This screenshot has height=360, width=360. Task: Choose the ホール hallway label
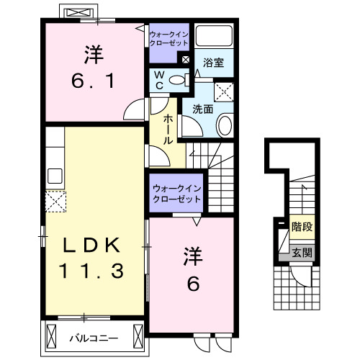[168, 130]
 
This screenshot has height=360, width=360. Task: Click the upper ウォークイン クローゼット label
[168, 37]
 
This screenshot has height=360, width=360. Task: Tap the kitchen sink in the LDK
[55, 175]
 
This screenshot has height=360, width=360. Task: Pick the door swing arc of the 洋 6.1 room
[135, 109]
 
